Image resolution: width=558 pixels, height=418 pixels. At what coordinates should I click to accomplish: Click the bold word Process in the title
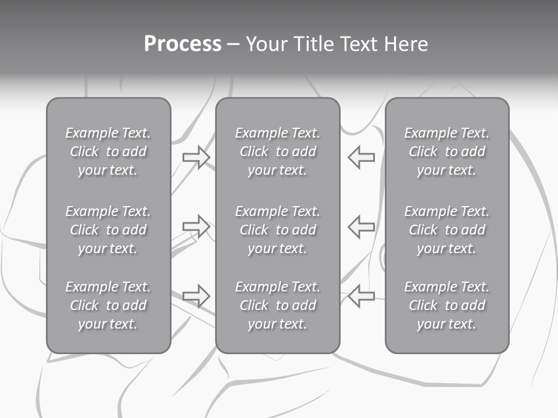[183, 44]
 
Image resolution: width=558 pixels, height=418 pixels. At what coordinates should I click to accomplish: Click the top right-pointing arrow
[196, 157]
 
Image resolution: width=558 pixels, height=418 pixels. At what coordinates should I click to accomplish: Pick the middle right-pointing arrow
[196, 226]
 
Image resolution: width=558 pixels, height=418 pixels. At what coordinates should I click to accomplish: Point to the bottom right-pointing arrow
[196, 296]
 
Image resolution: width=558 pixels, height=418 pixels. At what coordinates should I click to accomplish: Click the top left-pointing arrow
[362, 157]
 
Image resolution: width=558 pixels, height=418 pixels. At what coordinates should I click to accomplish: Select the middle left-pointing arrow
[362, 226]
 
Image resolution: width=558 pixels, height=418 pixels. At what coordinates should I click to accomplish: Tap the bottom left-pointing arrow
[362, 296]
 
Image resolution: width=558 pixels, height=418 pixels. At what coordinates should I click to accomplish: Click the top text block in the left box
[108, 152]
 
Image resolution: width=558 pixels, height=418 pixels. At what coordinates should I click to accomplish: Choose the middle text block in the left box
[108, 230]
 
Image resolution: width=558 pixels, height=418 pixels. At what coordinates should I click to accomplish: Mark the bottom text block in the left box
[108, 305]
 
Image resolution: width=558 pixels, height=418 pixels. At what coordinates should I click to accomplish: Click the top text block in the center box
[277, 152]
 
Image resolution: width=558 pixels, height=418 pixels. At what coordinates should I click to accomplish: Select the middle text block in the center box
[277, 230]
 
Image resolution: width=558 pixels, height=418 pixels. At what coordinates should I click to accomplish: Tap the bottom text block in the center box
[277, 305]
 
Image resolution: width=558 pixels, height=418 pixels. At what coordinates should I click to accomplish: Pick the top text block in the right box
[446, 152]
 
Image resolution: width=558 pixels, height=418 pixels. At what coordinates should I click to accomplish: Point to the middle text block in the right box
[446, 230]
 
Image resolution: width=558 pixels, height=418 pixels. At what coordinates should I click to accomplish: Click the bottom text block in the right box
[446, 305]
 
